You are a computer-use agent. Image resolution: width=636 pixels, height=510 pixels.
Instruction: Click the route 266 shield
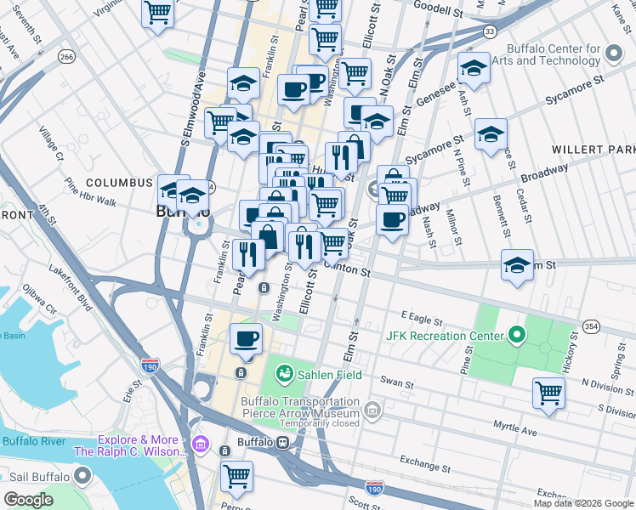66,56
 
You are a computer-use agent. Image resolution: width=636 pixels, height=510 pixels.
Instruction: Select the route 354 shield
591,327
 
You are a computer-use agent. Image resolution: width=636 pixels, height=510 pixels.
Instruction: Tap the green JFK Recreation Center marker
514,336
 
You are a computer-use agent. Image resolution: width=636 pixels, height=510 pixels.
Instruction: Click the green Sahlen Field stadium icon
284,374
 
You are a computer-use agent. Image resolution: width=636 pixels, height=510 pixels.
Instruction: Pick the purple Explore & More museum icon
201,445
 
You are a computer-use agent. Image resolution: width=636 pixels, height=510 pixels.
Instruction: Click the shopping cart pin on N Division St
548,394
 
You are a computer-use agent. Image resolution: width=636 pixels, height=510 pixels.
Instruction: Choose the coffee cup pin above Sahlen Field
247,339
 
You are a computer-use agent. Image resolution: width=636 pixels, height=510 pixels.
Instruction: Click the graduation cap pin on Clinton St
517,266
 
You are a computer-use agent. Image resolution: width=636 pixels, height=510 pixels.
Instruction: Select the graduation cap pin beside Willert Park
491,135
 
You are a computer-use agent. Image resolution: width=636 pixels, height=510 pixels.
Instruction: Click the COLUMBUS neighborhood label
118,183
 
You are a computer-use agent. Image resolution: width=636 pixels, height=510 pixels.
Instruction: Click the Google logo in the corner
29,500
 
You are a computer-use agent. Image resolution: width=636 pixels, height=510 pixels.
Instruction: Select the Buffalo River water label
34,441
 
